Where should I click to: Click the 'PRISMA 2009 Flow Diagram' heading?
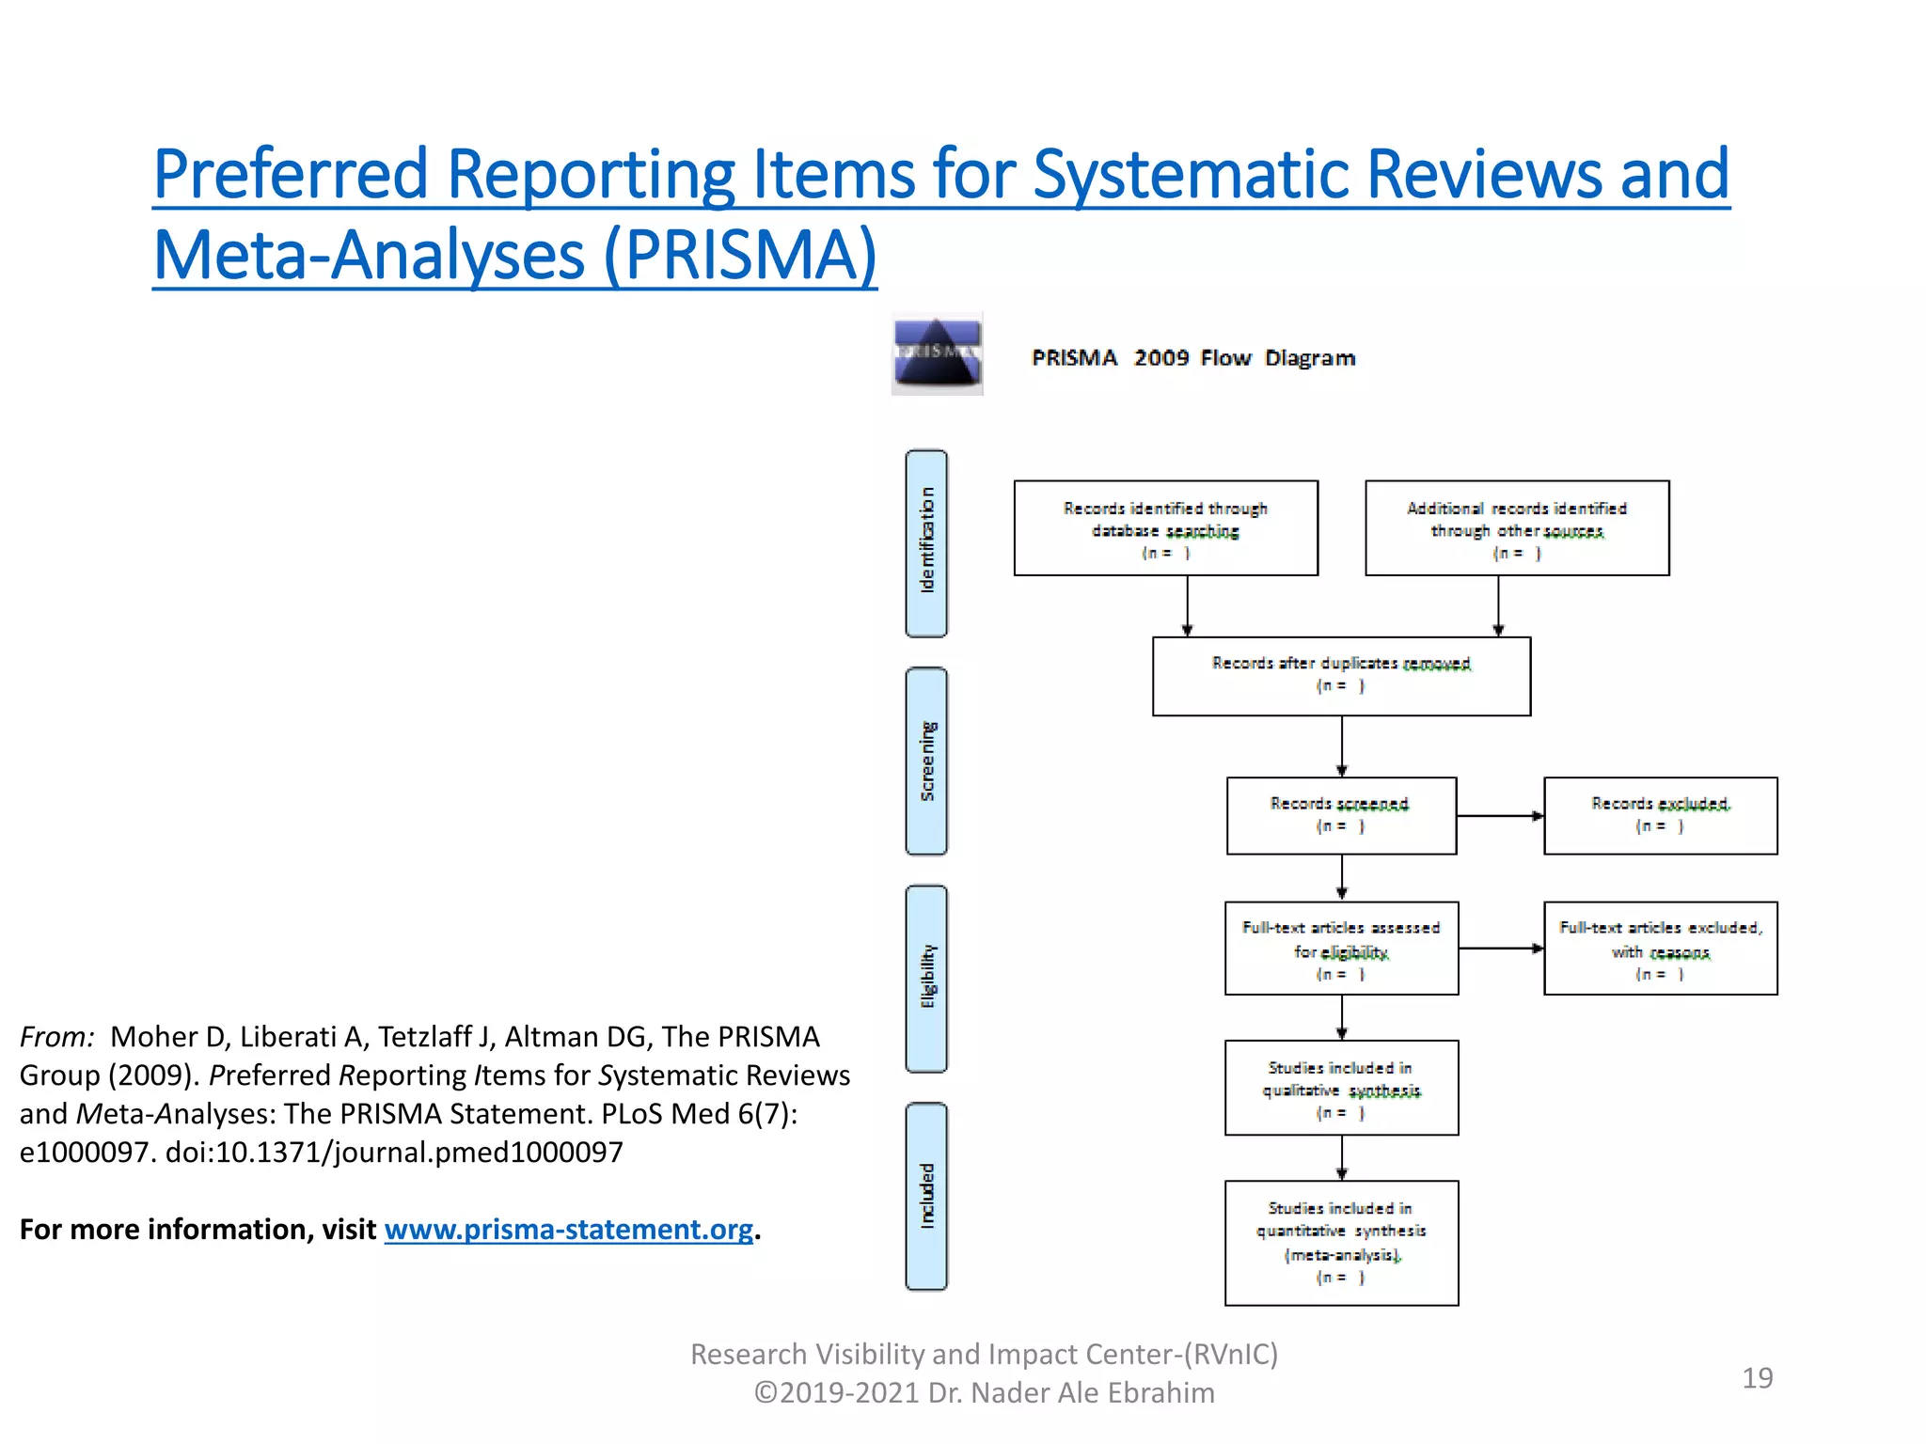1192,358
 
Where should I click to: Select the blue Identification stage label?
926,543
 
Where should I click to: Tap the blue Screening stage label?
926,761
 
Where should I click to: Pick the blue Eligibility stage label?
926,978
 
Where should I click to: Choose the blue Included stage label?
926,1196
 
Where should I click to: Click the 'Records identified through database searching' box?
1165,528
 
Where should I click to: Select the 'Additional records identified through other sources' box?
1516,528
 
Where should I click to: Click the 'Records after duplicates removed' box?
1341,676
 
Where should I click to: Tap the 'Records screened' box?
1341,815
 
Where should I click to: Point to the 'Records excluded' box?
1660,815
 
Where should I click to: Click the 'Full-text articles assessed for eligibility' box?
1341,948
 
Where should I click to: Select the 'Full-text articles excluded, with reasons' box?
1660,948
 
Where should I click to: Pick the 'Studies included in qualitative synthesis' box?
1341,1088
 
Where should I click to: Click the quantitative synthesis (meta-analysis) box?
1341,1243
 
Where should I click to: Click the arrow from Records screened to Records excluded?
1500,816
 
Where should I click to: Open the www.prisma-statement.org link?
568,1230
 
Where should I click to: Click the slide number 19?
1757,1378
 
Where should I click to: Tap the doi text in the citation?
394,1153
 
